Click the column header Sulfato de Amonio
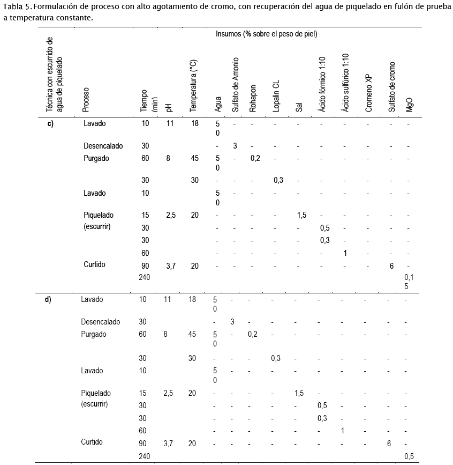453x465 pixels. pos(236,85)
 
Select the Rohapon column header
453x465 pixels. pos(254,99)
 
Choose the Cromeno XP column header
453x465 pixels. pos(368,93)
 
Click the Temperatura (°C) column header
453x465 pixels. pos(194,86)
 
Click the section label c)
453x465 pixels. pos(50,123)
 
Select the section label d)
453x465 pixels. pos(48,299)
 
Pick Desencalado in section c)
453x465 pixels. pos(103,146)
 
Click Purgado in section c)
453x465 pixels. pos(96,159)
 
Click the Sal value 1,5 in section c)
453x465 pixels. pos(301,215)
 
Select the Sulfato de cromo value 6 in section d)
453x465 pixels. pos(388,444)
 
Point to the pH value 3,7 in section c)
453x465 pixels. pos(171,265)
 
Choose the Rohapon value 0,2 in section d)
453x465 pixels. pos(253,335)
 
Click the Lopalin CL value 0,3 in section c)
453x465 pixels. pos(278,181)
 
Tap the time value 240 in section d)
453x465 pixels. pos(144,456)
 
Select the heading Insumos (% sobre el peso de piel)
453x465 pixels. pos(266,34)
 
